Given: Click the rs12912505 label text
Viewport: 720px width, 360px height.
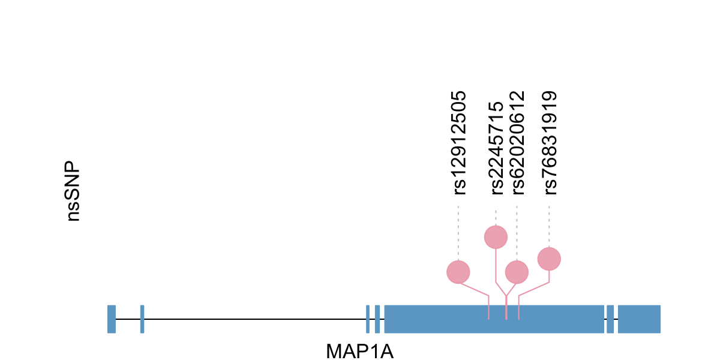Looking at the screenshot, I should (x=460, y=143).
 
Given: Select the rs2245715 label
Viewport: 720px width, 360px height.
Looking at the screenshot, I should (x=497, y=148).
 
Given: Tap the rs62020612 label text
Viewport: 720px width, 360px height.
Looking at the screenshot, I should (x=517, y=143).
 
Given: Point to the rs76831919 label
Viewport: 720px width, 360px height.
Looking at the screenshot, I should (x=550, y=143).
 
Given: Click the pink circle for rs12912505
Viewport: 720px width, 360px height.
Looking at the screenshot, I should (x=458, y=272).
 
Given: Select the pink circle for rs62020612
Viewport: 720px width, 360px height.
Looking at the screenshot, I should (x=517, y=272).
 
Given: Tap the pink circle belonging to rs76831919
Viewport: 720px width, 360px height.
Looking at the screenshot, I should (x=549, y=259).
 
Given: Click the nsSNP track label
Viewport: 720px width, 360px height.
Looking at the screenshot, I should (x=74, y=191).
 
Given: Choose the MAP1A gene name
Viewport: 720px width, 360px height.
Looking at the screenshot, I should (x=359, y=351).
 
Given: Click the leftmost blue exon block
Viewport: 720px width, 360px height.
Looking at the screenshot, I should (x=112, y=319).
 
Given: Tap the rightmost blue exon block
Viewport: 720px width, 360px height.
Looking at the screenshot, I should (x=639, y=319).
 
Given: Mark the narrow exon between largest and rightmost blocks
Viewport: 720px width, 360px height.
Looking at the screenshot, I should (x=610, y=319).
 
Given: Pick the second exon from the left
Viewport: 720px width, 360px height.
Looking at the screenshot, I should (x=142, y=319).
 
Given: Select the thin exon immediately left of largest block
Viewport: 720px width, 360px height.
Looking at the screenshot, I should (x=377, y=319).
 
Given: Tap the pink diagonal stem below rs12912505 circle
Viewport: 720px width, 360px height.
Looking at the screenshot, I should (x=475, y=289).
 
